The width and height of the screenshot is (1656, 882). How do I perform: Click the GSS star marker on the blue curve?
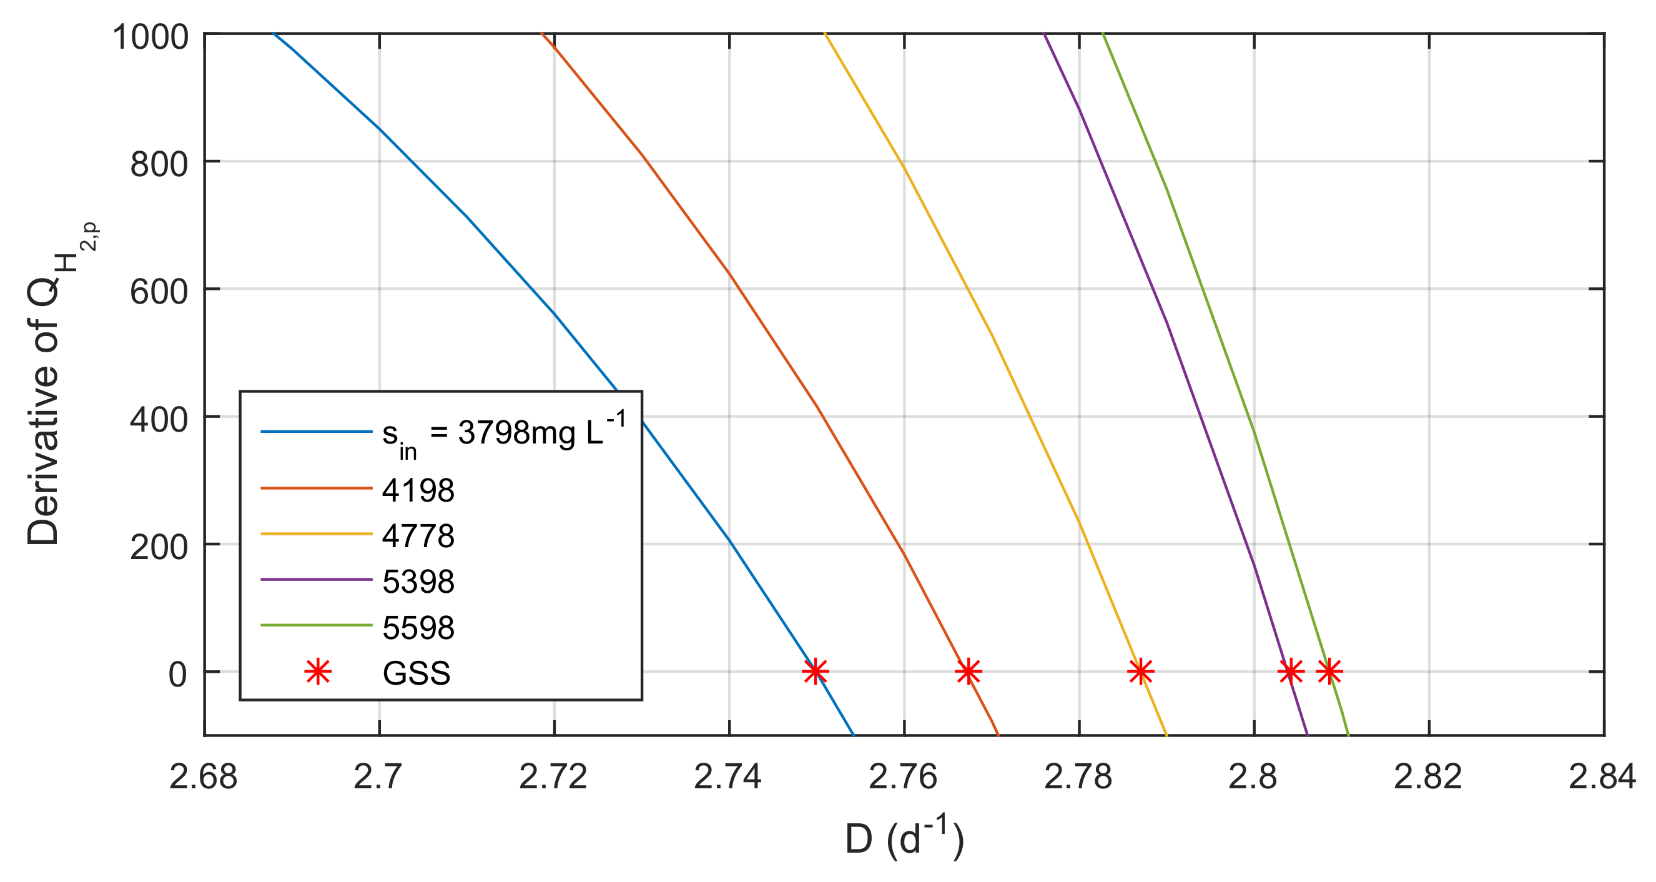tap(815, 671)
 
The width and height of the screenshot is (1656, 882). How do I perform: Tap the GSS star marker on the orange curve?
tap(968, 671)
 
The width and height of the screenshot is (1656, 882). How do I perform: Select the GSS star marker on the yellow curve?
tap(1140, 671)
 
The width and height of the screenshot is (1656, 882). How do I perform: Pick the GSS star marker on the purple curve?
tap(1290, 671)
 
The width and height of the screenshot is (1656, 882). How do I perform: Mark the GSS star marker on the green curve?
tap(1329, 671)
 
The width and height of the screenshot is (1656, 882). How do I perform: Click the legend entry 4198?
tap(418, 490)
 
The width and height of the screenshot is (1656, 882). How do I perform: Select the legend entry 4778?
tap(418, 536)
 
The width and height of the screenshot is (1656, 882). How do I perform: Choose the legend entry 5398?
tap(418, 582)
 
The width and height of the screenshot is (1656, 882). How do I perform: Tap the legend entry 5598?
tap(418, 627)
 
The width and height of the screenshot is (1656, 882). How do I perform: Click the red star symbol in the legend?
tap(318, 672)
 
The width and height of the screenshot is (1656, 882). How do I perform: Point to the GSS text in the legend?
tap(416, 673)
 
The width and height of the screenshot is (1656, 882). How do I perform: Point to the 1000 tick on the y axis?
tap(150, 37)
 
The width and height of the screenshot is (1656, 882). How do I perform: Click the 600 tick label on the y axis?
tap(159, 292)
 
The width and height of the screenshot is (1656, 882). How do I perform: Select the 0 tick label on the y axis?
tap(177, 675)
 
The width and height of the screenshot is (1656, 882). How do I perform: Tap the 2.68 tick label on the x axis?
tap(203, 777)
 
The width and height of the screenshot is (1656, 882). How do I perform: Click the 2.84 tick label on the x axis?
tap(1602, 777)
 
